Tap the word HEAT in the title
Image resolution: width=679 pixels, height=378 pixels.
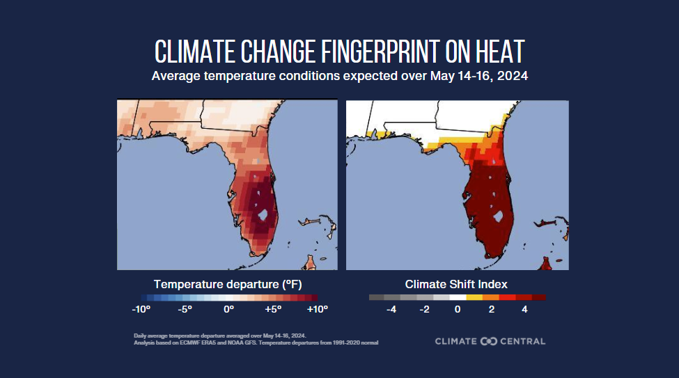pyautogui.click(x=497, y=52)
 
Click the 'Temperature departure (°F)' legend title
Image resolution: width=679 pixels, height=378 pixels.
pyautogui.click(x=228, y=284)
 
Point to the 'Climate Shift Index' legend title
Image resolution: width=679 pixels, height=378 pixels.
pyautogui.click(x=456, y=284)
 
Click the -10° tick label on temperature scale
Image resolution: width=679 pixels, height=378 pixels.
pyautogui.click(x=141, y=308)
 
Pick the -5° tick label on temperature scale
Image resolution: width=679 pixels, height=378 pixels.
pyautogui.click(x=185, y=308)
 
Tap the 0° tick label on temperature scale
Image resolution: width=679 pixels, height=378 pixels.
pyautogui.click(x=228, y=308)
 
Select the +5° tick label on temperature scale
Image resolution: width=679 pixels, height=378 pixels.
pyautogui.click(x=273, y=308)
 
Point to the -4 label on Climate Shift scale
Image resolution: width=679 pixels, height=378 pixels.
pyautogui.click(x=391, y=308)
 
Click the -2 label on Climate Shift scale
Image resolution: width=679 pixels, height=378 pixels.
pyautogui.click(x=425, y=308)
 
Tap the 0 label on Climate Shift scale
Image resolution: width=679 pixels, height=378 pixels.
pyautogui.click(x=458, y=308)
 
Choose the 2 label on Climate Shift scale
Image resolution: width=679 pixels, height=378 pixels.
pyautogui.click(x=491, y=308)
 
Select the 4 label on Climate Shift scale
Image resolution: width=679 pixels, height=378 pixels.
pyautogui.click(x=524, y=308)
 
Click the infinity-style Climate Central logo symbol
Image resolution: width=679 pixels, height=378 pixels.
pyautogui.click(x=488, y=341)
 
